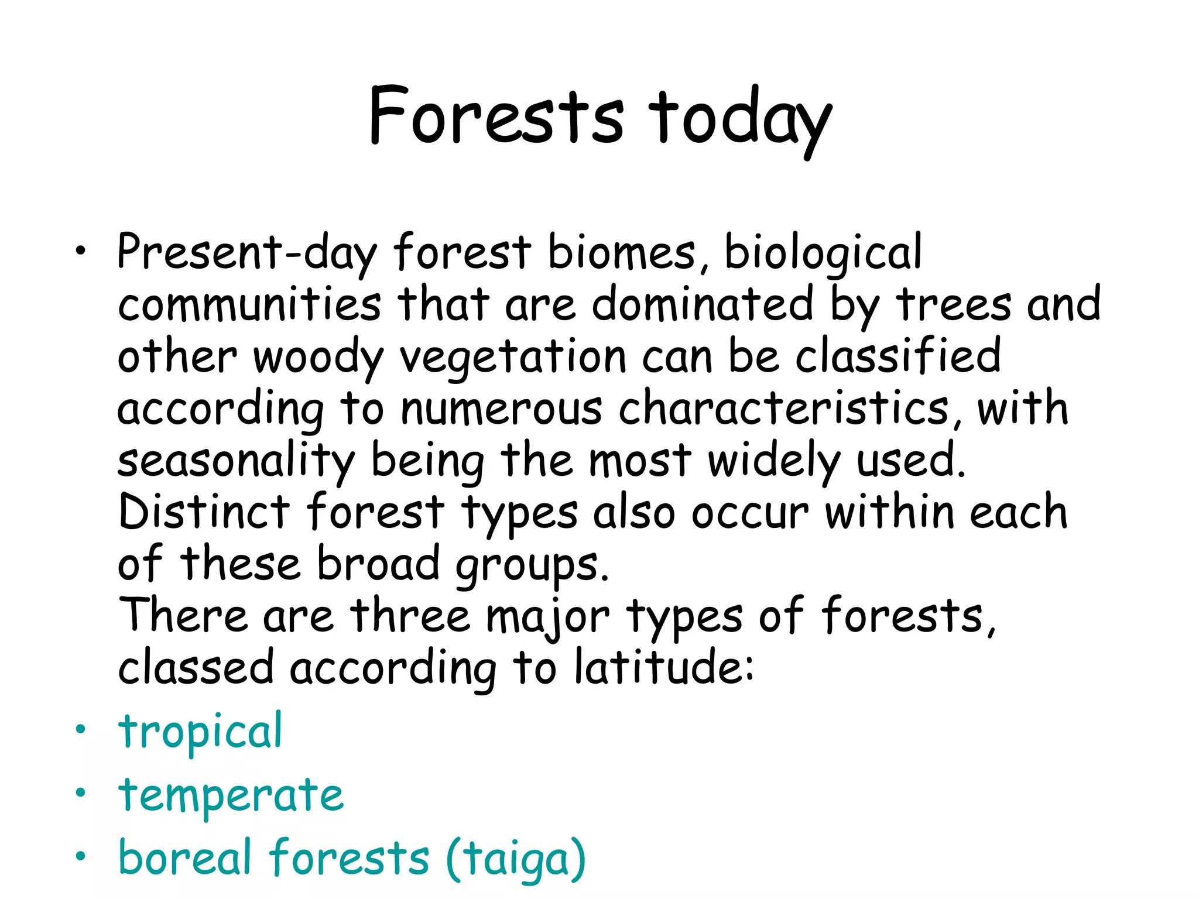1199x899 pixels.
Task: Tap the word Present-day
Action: click(x=246, y=253)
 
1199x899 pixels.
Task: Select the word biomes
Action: click(x=621, y=253)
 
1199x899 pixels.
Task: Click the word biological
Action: click(x=823, y=253)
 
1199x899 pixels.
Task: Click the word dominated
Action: click(x=703, y=305)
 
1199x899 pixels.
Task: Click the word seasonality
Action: click(x=236, y=461)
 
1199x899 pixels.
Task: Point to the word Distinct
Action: click(x=204, y=512)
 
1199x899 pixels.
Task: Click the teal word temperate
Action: click(x=231, y=797)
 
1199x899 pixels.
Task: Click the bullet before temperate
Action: click(x=80, y=793)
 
